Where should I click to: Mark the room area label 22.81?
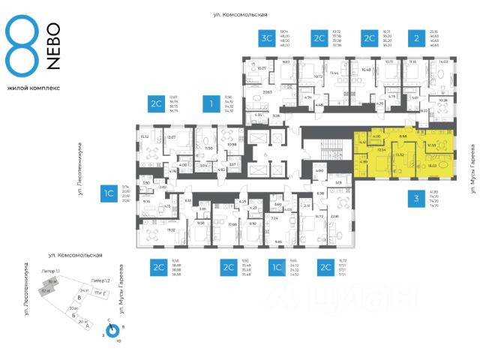point(334,217)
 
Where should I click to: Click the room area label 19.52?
point(150,231)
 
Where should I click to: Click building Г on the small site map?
point(97,299)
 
